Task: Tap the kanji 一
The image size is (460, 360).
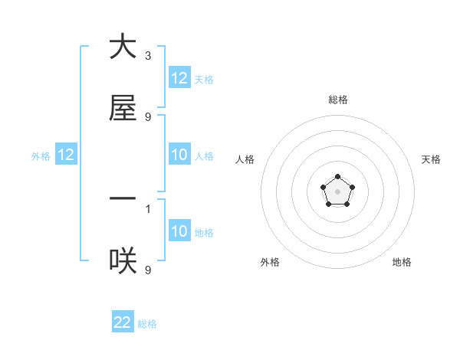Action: point(123,198)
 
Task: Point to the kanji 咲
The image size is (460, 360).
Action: point(123,262)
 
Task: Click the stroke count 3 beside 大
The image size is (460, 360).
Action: point(148,56)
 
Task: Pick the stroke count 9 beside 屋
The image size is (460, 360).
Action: point(148,117)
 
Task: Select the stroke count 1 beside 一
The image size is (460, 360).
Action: point(148,208)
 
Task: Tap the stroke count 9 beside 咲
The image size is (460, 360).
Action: point(148,270)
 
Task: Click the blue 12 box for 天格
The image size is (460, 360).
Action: point(179,77)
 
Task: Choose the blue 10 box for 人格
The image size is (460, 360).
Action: point(179,155)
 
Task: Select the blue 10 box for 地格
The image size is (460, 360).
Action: point(179,231)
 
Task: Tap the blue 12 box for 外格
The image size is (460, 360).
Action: point(66,155)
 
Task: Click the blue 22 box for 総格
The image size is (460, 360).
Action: point(123,322)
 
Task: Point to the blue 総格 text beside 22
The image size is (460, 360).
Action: point(147,324)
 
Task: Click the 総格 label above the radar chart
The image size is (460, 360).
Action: point(338,100)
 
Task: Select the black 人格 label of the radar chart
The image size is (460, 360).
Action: point(245,159)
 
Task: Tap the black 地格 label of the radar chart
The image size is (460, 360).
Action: point(402,262)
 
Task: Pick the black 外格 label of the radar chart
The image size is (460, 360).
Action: point(270,262)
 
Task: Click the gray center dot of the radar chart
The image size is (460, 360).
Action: point(337,191)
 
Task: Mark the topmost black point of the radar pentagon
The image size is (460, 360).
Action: point(337,177)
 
